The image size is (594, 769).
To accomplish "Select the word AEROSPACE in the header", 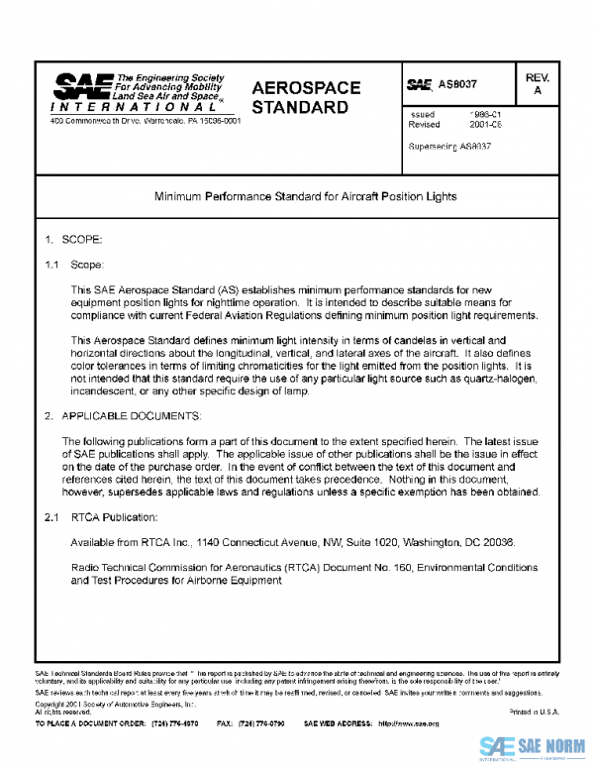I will [x=305, y=88].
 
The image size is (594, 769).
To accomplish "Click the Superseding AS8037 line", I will [x=449, y=146].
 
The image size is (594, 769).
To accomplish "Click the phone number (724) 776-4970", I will [x=176, y=724].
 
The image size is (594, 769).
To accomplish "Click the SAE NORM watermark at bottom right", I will [x=536, y=746].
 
